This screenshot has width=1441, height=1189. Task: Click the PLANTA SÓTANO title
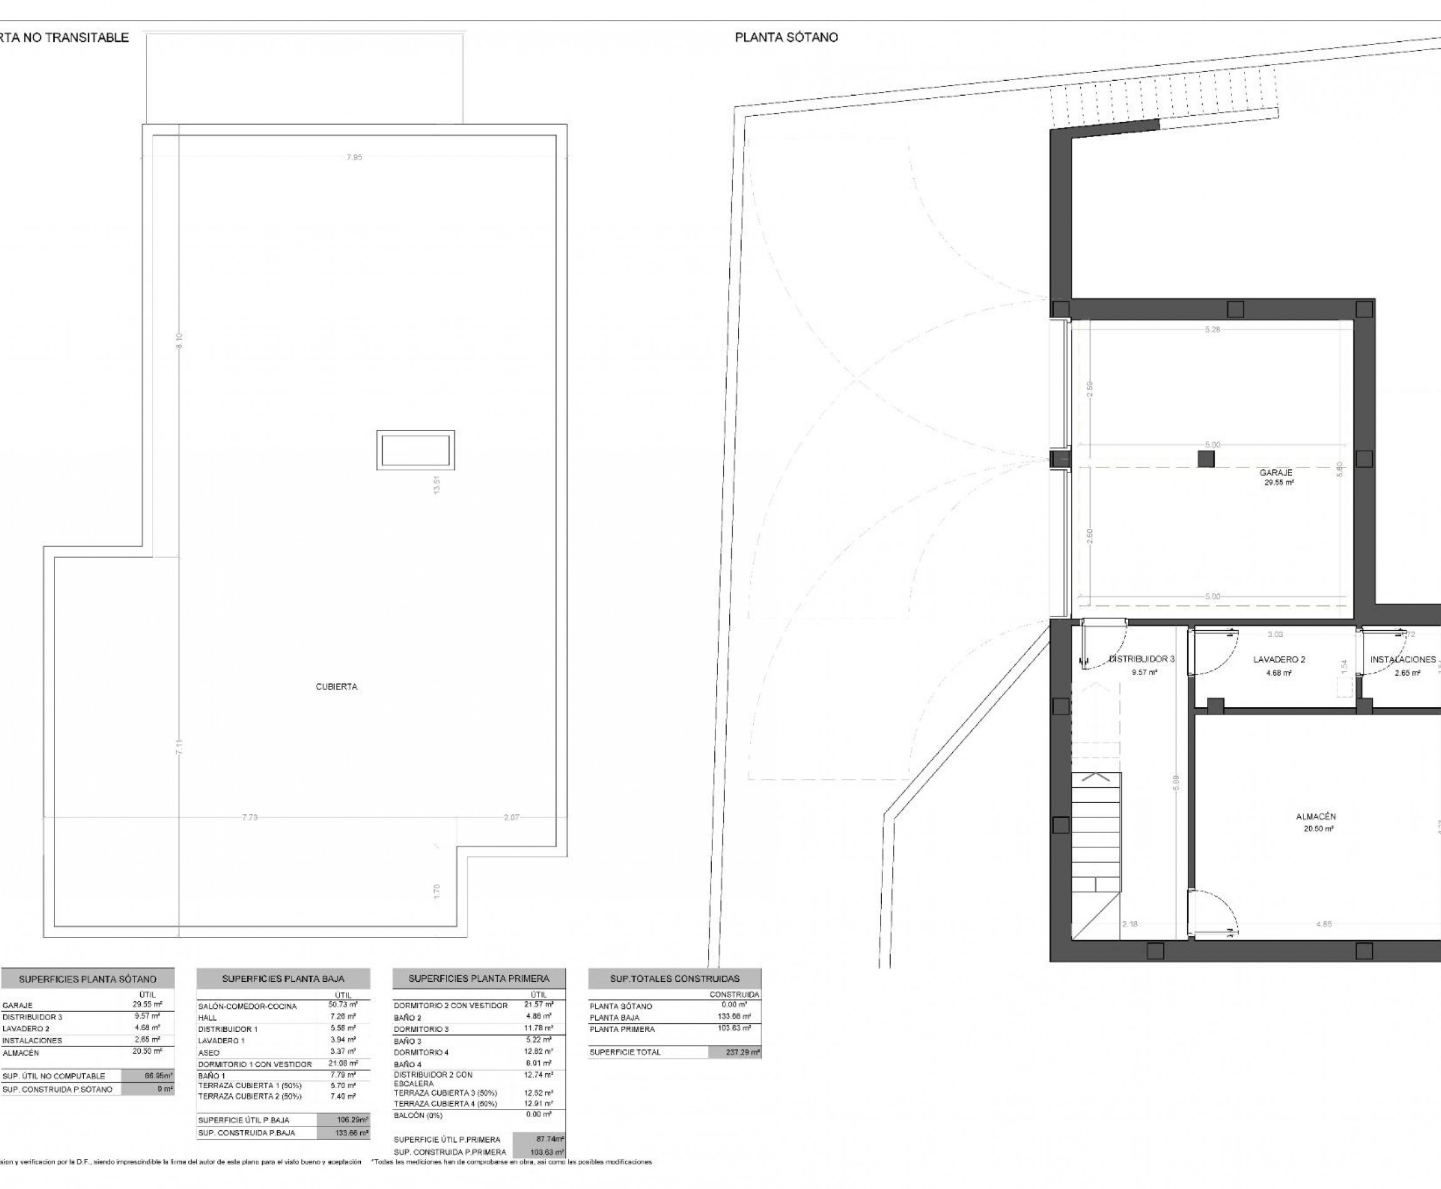pyautogui.click(x=786, y=38)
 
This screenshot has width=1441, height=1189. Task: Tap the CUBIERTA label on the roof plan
pyautogui.click(x=336, y=687)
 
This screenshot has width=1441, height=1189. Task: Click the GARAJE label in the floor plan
pyautogui.click(x=1276, y=472)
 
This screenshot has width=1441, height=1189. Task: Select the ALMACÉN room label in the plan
pyautogui.click(x=1316, y=817)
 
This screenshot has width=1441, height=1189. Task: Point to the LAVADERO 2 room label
pyautogui.click(x=1279, y=660)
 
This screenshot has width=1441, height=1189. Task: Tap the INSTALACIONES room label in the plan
pyautogui.click(x=1403, y=660)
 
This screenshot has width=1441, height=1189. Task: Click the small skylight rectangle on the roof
pyautogui.click(x=415, y=450)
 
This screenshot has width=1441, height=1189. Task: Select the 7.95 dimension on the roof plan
pyautogui.click(x=354, y=158)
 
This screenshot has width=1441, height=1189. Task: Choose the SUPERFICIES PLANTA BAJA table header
pyautogui.click(x=283, y=979)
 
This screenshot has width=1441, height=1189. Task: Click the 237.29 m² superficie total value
pyautogui.click(x=734, y=1052)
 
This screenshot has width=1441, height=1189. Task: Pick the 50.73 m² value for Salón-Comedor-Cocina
pyautogui.click(x=343, y=1005)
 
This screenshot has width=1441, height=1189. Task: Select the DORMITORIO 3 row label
pyautogui.click(x=421, y=1029)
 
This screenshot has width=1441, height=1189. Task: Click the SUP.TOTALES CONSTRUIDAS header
pyautogui.click(x=674, y=979)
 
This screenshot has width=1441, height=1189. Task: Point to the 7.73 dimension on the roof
pyautogui.click(x=249, y=818)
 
